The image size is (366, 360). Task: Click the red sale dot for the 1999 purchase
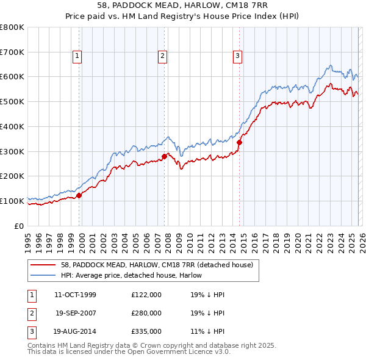pos(79,195)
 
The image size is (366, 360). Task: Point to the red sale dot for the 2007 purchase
pos(165,156)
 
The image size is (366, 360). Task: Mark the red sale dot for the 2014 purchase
pos(239,143)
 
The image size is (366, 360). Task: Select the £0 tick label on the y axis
pos(20,226)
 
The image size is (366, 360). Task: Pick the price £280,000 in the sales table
pos(146,313)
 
